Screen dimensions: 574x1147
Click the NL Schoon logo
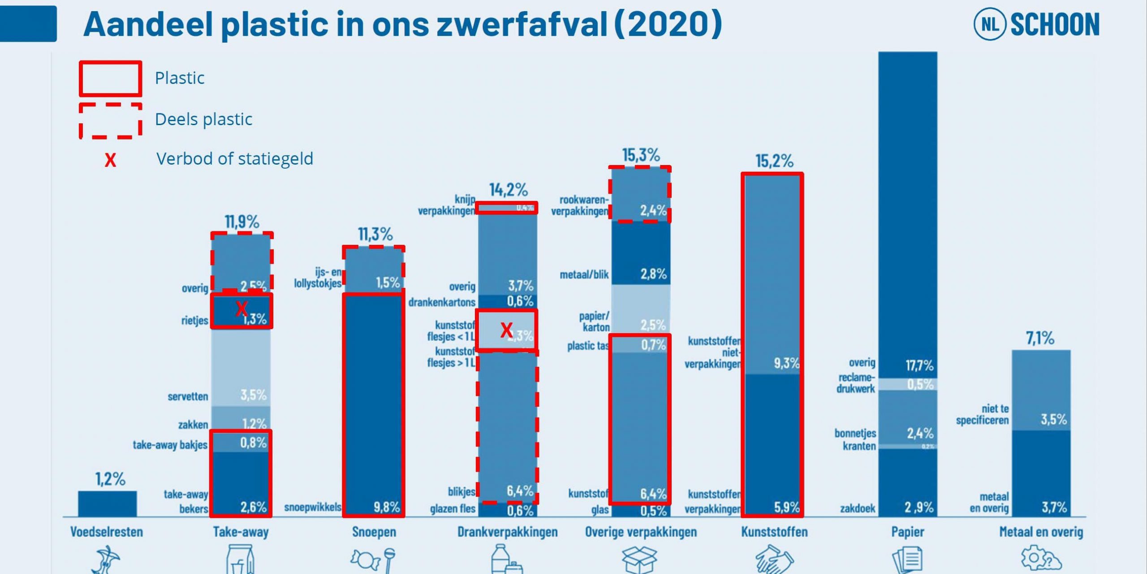pyautogui.click(x=1036, y=24)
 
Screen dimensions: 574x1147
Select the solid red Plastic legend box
pyautogui.click(x=111, y=79)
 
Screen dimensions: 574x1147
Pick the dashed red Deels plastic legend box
pyautogui.click(x=111, y=121)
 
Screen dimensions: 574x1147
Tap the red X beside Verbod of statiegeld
pyautogui.click(x=110, y=160)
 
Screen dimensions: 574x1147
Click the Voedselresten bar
pyautogui.click(x=108, y=504)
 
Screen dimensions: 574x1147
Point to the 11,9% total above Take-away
pyautogui.click(x=242, y=222)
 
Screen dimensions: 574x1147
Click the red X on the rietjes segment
pyautogui.click(x=241, y=308)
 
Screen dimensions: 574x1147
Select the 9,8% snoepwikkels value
pyautogui.click(x=387, y=507)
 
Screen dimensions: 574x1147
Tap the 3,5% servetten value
pyautogui.click(x=253, y=395)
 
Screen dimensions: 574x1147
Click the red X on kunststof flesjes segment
pyautogui.click(x=506, y=330)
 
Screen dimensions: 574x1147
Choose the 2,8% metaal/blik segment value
pyautogui.click(x=653, y=274)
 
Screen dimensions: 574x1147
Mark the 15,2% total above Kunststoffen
pyautogui.click(x=774, y=161)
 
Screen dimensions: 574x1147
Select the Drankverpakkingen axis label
pyautogui.click(x=507, y=532)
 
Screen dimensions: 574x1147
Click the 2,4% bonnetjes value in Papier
pyautogui.click(x=920, y=433)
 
